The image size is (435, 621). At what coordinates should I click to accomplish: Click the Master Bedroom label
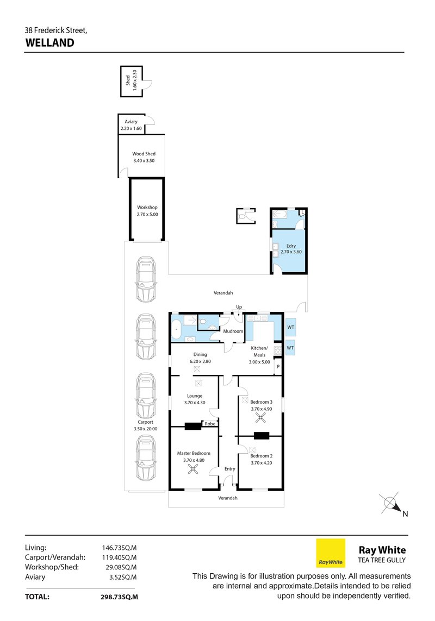click(193, 453)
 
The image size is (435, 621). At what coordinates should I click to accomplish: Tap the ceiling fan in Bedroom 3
click(261, 418)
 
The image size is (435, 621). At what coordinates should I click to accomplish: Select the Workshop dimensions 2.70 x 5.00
click(147, 215)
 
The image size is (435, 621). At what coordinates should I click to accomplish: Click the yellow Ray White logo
click(331, 553)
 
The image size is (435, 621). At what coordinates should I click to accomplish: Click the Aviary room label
click(130, 122)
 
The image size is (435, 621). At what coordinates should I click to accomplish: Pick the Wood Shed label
click(144, 154)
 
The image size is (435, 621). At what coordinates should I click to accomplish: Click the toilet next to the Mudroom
click(202, 324)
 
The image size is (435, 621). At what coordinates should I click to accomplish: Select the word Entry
click(229, 469)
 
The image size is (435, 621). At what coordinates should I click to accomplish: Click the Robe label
click(210, 424)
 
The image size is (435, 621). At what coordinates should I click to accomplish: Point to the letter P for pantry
click(278, 367)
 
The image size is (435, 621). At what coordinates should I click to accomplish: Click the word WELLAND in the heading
click(49, 42)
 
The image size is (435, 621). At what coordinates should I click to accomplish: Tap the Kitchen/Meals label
click(259, 352)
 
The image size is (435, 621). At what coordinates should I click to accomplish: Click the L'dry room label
click(290, 246)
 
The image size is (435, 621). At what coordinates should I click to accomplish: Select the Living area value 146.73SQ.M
click(119, 548)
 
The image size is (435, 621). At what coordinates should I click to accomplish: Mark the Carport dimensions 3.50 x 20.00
click(145, 429)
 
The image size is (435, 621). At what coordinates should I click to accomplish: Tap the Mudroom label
click(233, 331)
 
